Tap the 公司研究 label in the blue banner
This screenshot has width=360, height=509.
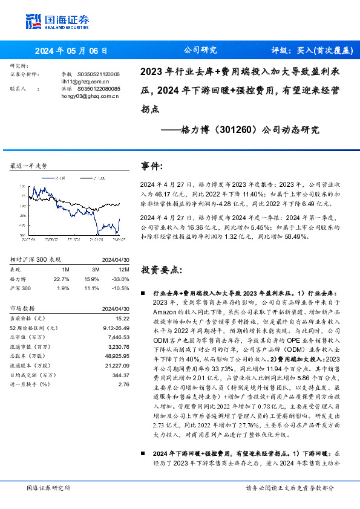tap(200, 51)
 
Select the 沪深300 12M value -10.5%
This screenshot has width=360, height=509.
tap(121, 288)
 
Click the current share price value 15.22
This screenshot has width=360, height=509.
tap(122, 317)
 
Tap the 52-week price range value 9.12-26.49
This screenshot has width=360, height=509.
tap(117, 327)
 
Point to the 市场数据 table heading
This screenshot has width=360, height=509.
tap(27, 308)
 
